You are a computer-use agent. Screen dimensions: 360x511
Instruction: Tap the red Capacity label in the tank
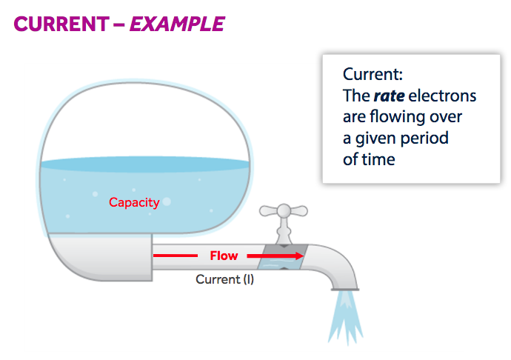[x=134, y=201]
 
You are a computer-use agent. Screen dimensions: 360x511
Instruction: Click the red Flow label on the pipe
[x=224, y=256]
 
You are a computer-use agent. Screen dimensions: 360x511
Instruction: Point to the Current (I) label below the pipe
[x=225, y=279]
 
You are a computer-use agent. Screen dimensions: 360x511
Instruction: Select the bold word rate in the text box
[x=389, y=96]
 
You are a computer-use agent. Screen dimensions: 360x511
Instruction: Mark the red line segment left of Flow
[x=178, y=256]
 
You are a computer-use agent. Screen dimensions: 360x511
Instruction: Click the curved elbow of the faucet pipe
[x=337, y=259]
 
